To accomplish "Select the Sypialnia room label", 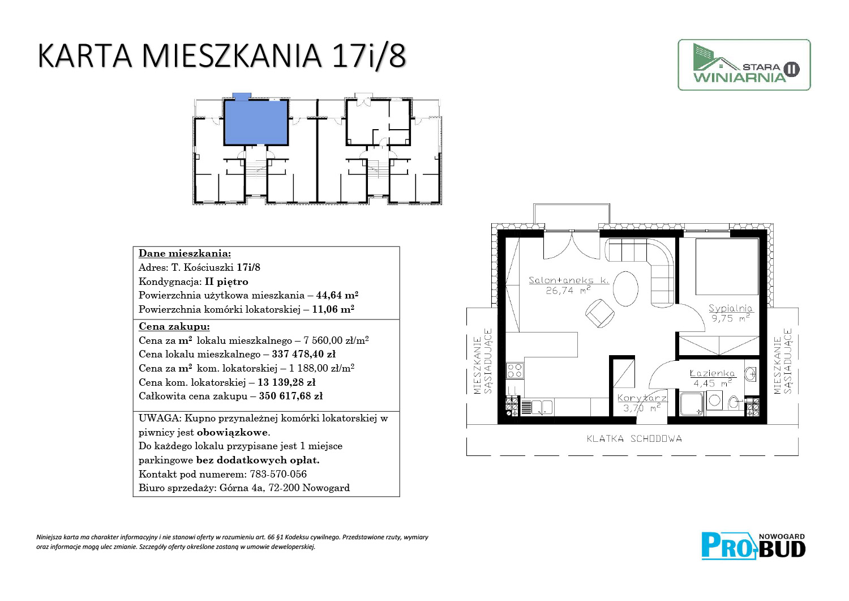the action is pos(730,309).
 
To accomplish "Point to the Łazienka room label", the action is pos(712,373).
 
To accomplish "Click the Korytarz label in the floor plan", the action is pos(642,398).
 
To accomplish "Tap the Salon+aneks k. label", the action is pos(568,280).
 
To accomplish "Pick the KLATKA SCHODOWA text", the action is pos(634,439).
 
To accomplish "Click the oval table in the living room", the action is pos(625,288).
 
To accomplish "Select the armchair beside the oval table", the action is pos(599,313).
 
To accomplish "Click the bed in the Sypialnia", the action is pos(727,266).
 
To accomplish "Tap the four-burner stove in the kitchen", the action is pos(514,370).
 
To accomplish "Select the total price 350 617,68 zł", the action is pos(291,396).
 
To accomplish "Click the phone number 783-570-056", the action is pos(278,474).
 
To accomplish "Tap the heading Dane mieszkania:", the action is pos(185,253).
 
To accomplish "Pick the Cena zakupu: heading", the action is pos(174,326).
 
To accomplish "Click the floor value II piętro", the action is pos(226,282).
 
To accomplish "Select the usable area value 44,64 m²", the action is pos(337,295).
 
